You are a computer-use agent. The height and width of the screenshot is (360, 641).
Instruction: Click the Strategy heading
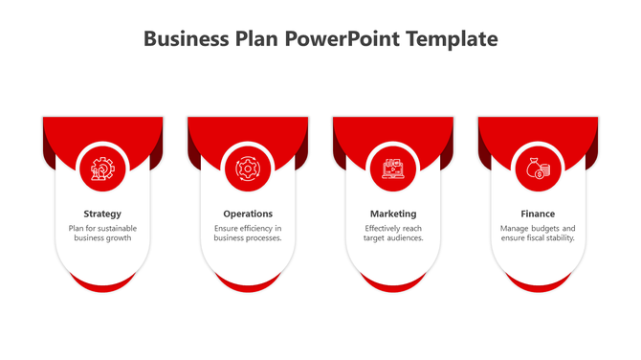[x=102, y=214]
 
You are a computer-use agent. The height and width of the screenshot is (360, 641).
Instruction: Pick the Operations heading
[x=248, y=214]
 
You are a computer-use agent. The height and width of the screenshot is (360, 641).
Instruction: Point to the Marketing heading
[x=393, y=214]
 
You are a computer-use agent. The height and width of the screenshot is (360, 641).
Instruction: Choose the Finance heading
[x=538, y=214]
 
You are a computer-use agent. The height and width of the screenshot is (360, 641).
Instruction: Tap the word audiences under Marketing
[x=405, y=238]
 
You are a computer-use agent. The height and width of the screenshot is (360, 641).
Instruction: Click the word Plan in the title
[x=254, y=39]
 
